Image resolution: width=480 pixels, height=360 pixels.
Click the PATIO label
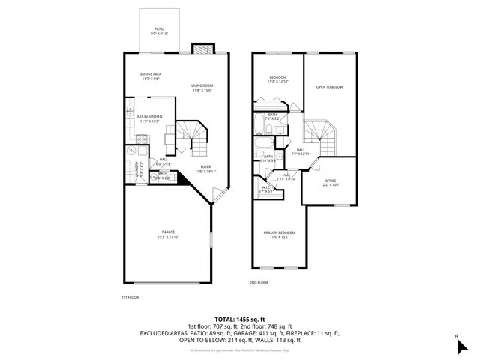(159, 31)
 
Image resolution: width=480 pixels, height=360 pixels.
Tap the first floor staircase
(191, 136)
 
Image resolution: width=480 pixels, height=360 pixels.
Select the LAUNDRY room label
(137, 169)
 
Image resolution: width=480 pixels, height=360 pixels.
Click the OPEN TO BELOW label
(329, 87)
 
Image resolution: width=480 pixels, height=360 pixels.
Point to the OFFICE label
(331, 182)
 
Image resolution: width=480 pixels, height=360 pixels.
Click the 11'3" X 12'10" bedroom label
(279, 79)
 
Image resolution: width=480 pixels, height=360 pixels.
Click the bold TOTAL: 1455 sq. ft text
(240, 319)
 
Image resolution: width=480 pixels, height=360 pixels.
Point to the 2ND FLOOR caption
(259, 283)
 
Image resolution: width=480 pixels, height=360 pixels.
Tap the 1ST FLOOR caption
(130, 298)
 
